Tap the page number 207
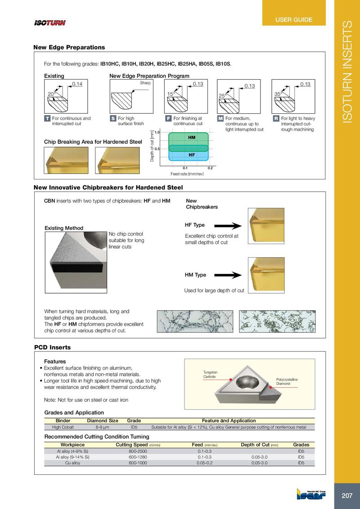pyautogui.click(x=347, y=496)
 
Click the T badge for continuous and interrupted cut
pyautogui.click(x=47, y=118)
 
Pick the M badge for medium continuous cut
pyautogui.click(x=220, y=118)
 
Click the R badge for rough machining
pyautogui.click(x=276, y=118)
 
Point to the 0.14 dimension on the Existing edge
pyautogui.click(x=77, y=84)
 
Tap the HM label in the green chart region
pyautogui.click(x=191, y=136)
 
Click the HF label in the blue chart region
pyautogui.click(x=191, y=154)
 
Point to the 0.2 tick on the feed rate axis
pyautogui.click(x=210, y=168)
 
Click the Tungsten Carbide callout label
pyautogui.click(x=211, y=375)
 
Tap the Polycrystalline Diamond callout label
pyautogui.click(x=287, y=382)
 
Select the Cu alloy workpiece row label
pyautogui.click(x=72, y=463)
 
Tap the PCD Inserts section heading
pyautogui.click(x=53, y=347)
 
